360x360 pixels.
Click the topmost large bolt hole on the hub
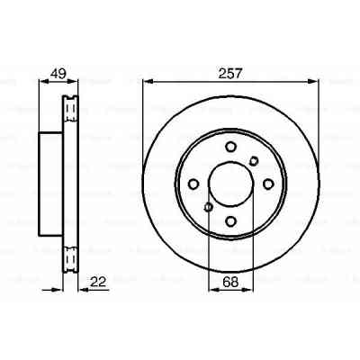tap(230, 148)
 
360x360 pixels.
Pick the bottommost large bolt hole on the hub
tap(230, 220)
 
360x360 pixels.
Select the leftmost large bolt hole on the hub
tap(194, 184)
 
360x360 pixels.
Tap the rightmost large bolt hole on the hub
tap(267, 184)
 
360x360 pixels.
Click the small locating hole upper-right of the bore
tap(254, 161)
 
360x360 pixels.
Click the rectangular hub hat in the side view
tap(50, 184)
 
